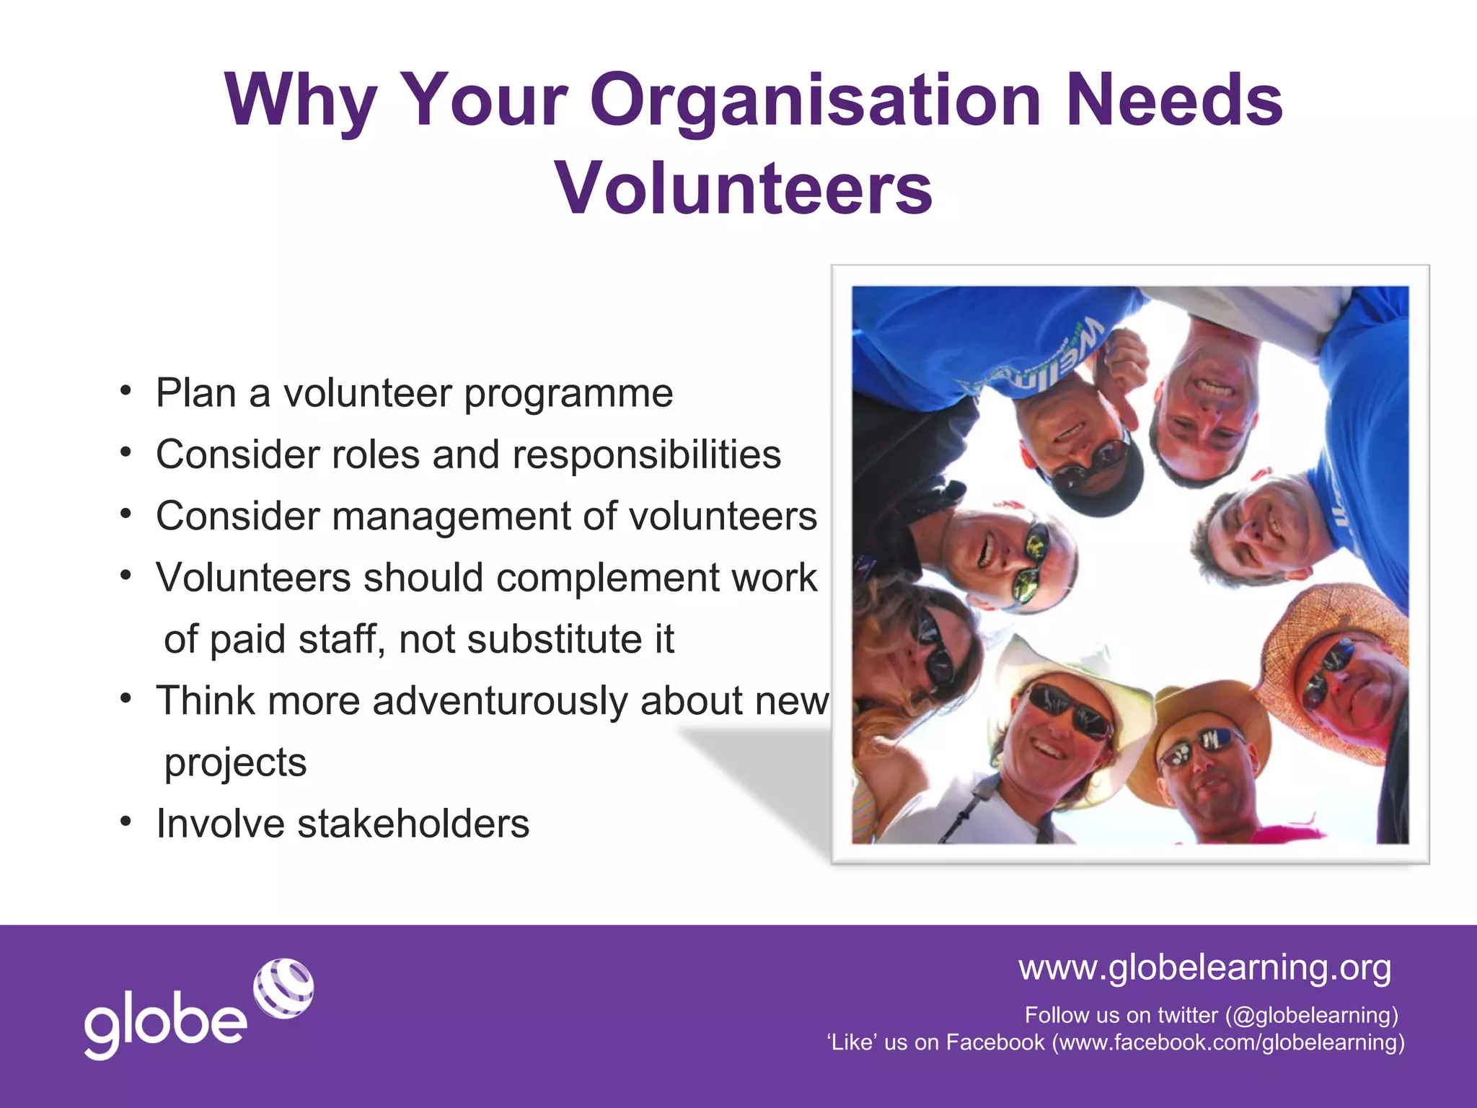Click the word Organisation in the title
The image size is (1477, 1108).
(x=815, y=101)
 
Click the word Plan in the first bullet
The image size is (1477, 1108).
(x=196, y=394)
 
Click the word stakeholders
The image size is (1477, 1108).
(x=413, y=824)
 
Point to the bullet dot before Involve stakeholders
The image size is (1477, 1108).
(x=126, y=822)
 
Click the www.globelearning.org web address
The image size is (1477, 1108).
(x=1204, y=967)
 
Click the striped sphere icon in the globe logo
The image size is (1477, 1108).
(x=283, y=988)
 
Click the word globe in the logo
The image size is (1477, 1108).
(x=165, y=1026)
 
